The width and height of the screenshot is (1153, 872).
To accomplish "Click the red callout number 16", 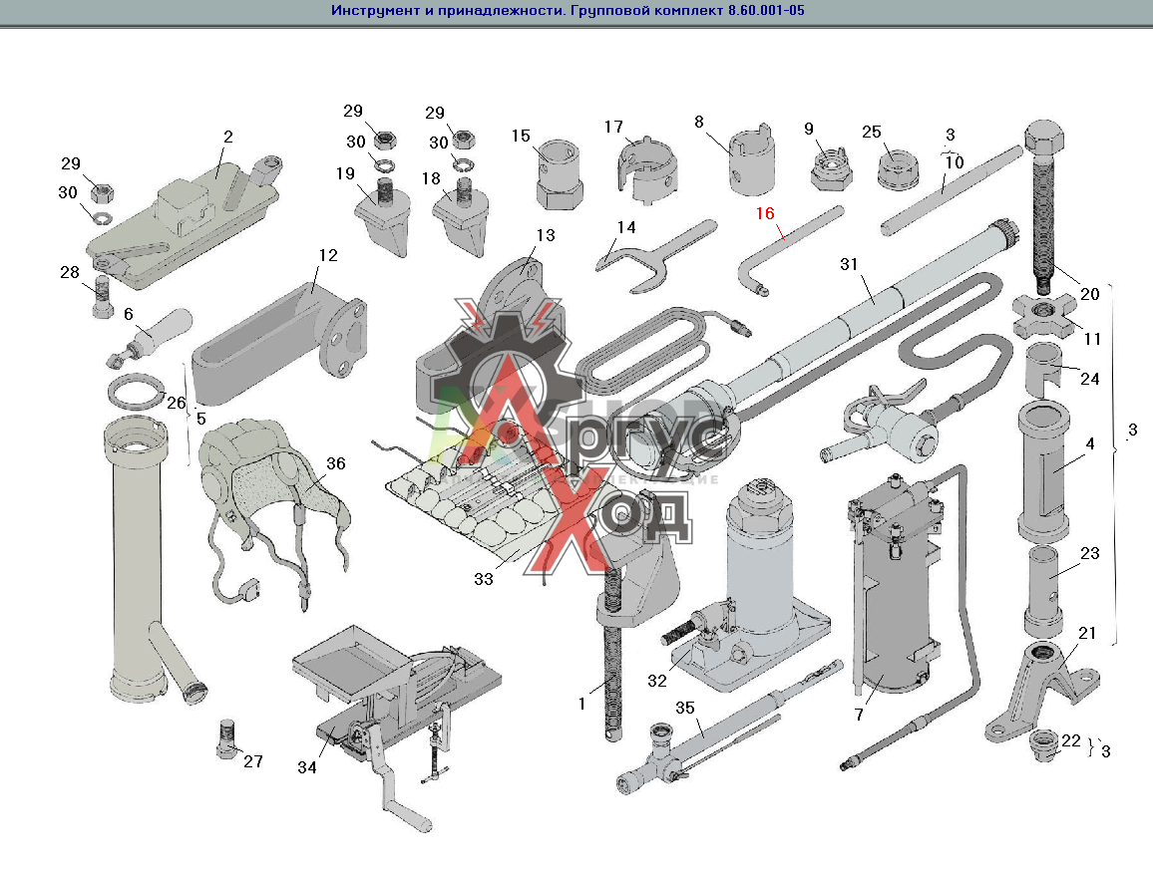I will [765, 213].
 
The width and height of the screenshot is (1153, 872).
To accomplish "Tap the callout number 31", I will [849, 264].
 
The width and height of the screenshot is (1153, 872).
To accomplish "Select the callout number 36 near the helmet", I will [335, 463].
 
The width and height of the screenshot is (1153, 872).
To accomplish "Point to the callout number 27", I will [253, 761].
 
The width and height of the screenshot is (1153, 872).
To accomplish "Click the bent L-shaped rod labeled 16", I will [788, 249].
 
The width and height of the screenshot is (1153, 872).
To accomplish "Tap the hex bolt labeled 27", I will [228, 738].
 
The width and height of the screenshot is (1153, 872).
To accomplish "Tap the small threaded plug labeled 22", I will [1043, 743].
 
